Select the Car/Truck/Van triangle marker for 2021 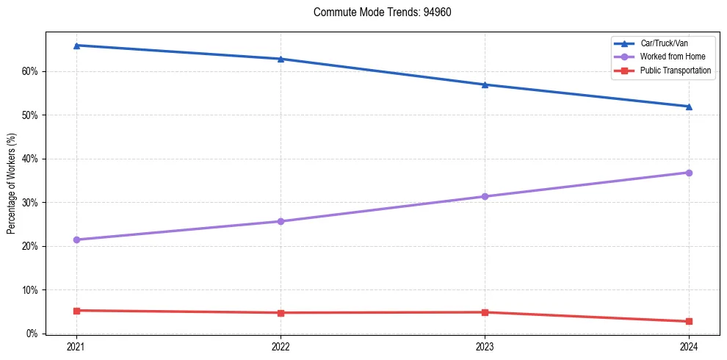(76, 46)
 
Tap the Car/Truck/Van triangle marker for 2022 (281, 59)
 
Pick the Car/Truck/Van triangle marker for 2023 (485, 84)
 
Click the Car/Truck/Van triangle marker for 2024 (689, 107)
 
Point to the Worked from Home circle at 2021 (76, 240)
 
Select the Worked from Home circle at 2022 (281, 221)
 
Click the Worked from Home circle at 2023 (485, 196)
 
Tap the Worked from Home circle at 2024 (689, 173)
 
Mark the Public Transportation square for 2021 (76, 311)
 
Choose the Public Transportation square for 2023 (485, 312)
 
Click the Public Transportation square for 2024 (689, 321)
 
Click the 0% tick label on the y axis (32, 334)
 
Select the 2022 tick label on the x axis (281, 346)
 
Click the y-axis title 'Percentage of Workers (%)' (12, 184)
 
